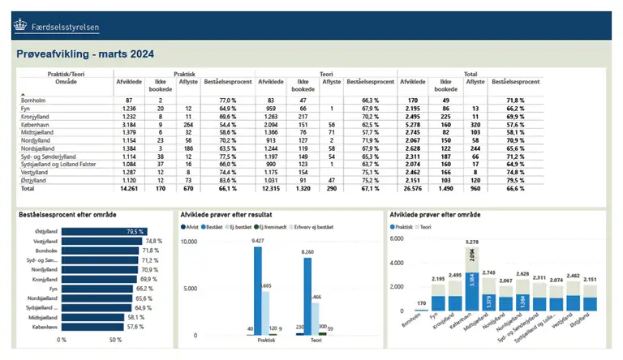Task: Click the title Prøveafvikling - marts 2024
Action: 85,54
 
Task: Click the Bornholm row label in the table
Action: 34,98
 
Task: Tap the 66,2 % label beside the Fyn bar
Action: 145,289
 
